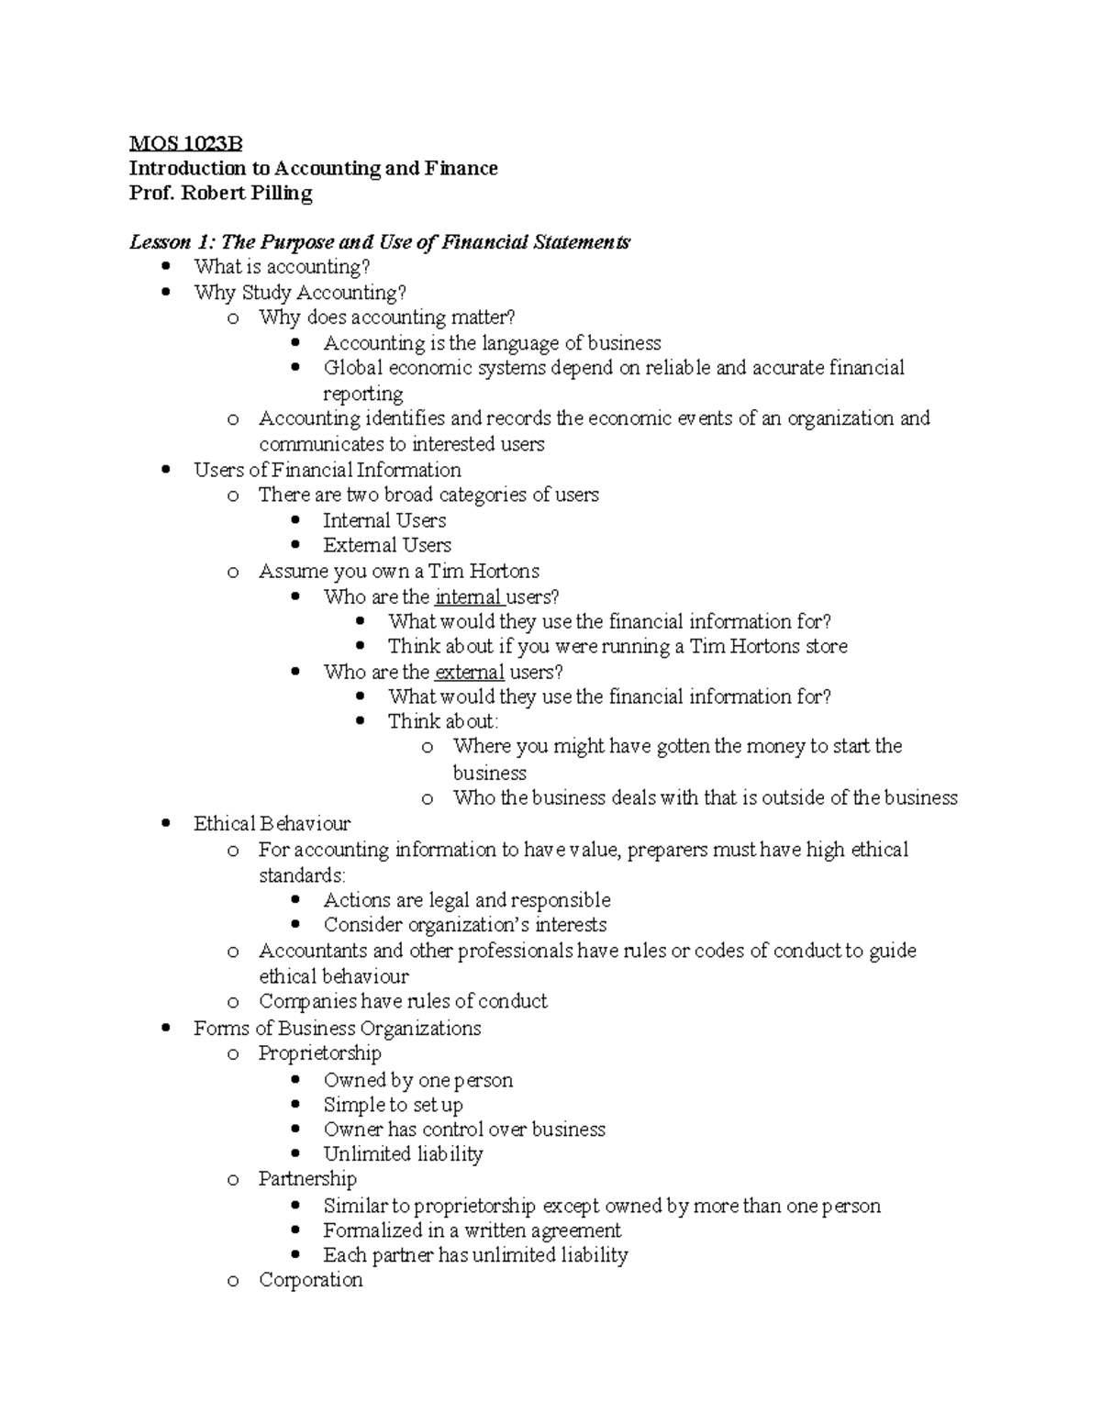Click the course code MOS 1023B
click(185, 143)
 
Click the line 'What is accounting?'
click(282, 267)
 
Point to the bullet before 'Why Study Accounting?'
click(166, 293)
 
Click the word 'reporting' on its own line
click(362, 395)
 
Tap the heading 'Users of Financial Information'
click(327, 470)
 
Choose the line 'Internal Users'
click(384, 520)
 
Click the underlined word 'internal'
click(467, 596)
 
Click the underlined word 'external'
click(469, 672)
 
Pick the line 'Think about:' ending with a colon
click(443, 721)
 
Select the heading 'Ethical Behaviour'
click(272, 824)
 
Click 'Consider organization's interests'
click(464, 925)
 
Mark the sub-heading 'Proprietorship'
click(319, 1053)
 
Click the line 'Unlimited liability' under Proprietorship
click(403, 1154)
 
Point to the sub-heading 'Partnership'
click(307, 1179)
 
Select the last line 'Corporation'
click(310, 1280)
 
